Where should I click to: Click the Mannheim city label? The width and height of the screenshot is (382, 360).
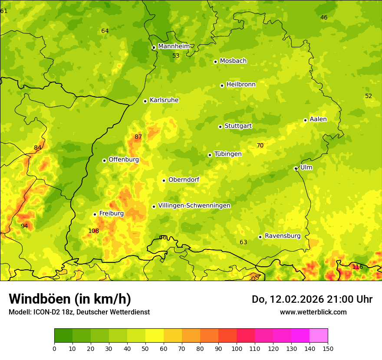(x=174, y=46)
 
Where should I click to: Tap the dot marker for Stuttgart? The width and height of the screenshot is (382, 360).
(x=220, y=127)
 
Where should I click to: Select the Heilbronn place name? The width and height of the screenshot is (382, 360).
(x=241, y=85)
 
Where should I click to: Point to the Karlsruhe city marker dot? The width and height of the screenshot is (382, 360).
(x=145, y=101)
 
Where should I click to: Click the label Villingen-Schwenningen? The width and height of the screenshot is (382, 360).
(x=194, y=206)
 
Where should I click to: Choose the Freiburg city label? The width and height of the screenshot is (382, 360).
(x=111, y=213)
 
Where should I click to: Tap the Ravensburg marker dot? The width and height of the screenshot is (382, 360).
(x=260, y=237)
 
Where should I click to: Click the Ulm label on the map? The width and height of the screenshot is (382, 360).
(x=306, y=167)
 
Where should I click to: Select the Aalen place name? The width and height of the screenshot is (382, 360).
(x=318, y=119)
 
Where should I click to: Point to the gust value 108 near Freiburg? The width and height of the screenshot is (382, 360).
(x=94, y=231)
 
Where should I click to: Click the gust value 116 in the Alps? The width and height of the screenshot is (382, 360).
(x=357, y=267)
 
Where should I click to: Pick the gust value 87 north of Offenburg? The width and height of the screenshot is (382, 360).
(x=138, y=137)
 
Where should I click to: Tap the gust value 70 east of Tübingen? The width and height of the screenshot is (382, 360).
(x=260, y=146)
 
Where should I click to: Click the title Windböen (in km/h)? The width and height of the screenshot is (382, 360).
(x=70, y=299)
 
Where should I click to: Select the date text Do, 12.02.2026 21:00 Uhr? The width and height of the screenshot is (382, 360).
(x=312, y=299)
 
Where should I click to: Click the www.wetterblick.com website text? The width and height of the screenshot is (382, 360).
(x=313, y=312)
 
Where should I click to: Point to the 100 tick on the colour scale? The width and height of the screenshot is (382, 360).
(x=237, y=348)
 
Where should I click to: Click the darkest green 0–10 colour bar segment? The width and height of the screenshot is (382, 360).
(x=63, y=336)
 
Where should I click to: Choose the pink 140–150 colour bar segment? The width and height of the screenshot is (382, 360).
(x=319, y=336)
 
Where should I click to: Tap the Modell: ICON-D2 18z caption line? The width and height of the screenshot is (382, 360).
(x=79, y=312)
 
